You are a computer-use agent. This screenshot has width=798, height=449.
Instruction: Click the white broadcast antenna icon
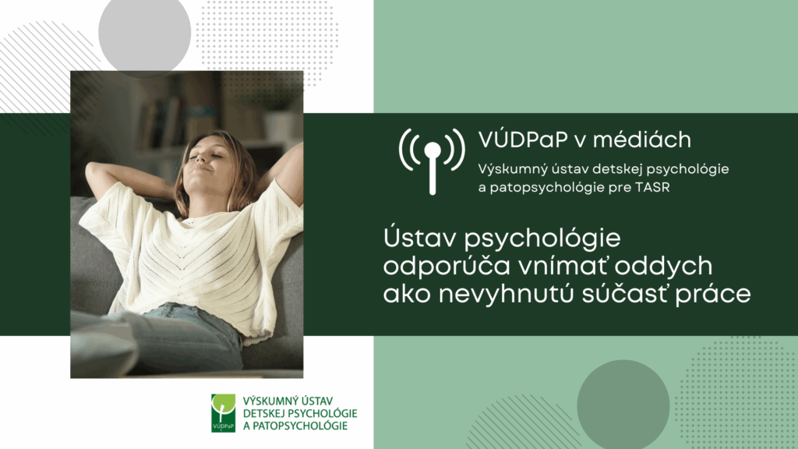click(432, 161)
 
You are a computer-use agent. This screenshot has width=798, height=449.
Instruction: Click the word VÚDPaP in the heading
click(523, 140)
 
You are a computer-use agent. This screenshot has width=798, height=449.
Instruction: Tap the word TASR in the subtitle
click(653, 187)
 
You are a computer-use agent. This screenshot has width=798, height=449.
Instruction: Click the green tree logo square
click(224, 413)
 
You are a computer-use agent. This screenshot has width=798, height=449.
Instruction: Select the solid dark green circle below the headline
click(623, 405)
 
